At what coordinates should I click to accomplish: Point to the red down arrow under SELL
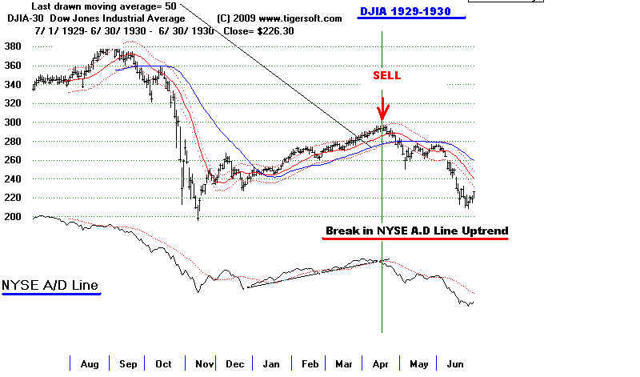pos(383,107)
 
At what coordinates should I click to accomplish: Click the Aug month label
pos(90,364)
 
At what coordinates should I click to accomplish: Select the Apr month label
pos(381,364)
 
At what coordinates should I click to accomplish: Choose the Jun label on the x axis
pos(457,364)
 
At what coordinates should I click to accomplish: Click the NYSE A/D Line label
pos(51,285)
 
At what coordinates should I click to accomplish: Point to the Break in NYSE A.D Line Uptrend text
pos(416,231)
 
